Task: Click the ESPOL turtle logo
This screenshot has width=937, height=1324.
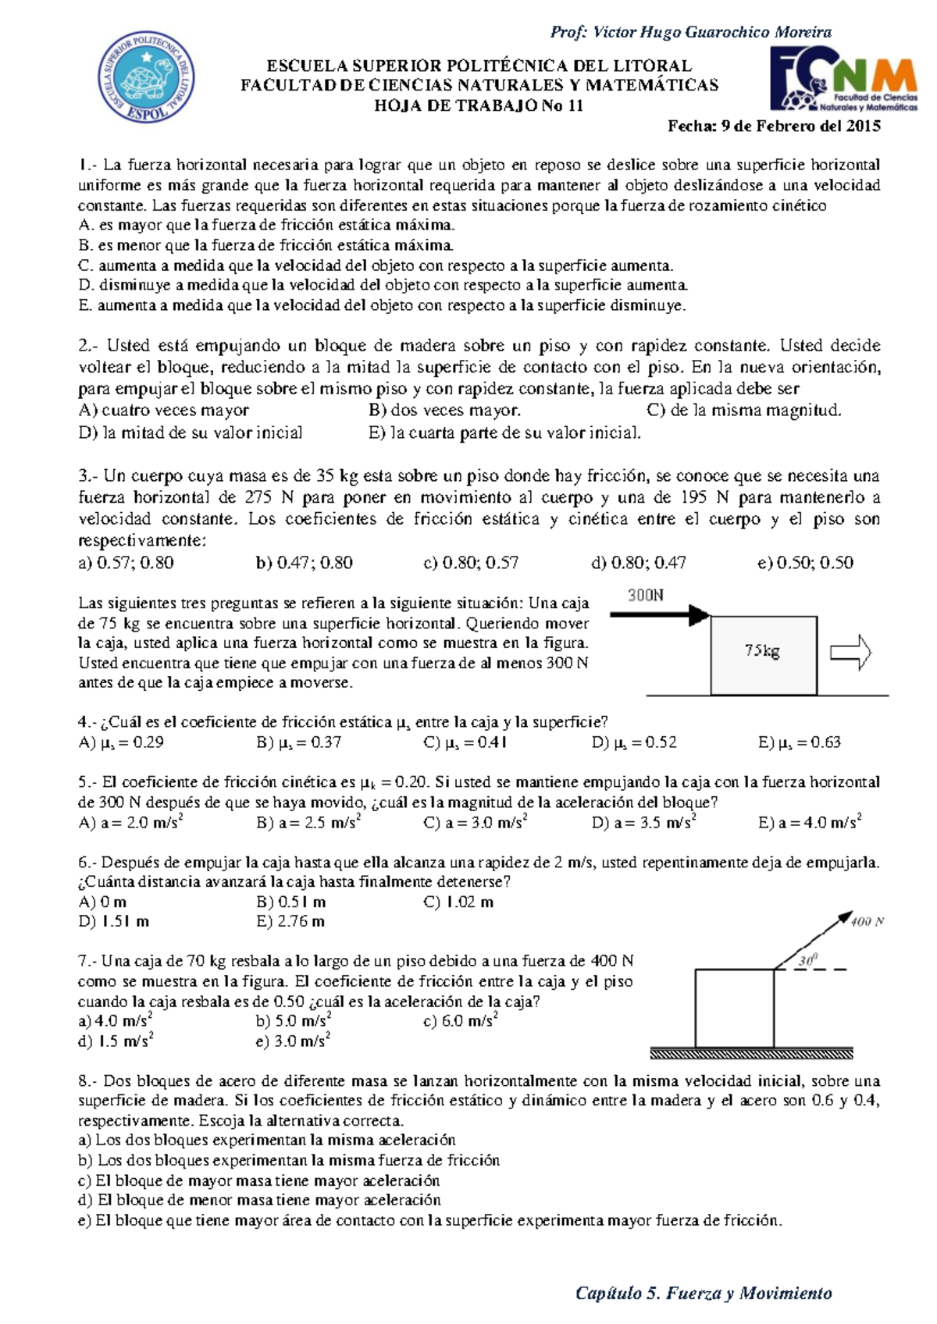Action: [146, 77]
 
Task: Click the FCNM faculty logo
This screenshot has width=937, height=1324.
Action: [843, 79]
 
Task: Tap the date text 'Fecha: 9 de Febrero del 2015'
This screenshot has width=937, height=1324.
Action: [774, 126]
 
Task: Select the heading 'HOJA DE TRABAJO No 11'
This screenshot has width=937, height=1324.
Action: [479, 106]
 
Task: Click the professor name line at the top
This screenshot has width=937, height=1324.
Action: [690, 32]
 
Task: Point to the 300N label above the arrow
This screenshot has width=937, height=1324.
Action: [646, 596]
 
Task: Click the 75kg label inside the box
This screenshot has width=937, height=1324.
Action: [761, 650]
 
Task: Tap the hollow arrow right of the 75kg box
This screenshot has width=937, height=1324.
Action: [850, 653]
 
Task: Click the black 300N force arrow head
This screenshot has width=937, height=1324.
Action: [699, 616]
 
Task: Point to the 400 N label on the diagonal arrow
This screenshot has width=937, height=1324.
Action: [867, 922]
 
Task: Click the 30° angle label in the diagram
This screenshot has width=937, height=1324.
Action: [807, 960]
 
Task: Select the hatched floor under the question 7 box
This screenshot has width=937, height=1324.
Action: [751, 1054]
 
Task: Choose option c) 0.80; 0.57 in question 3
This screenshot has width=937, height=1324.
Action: [471, 563]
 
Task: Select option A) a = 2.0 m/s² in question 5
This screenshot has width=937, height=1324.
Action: [130, 822]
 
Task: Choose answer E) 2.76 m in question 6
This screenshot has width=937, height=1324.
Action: [290, 922]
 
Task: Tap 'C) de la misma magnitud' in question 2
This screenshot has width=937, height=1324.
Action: [743, 411]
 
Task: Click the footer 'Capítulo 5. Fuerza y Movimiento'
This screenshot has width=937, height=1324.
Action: [703, 1294]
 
